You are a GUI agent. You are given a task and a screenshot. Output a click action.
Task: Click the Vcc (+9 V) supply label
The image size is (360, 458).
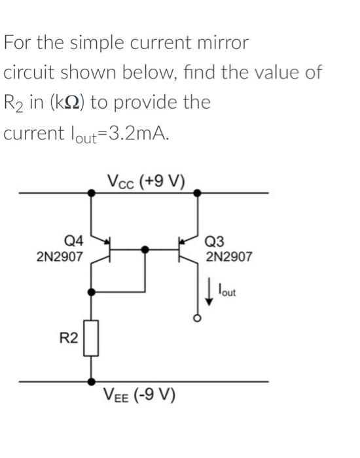click(x=146, y=180)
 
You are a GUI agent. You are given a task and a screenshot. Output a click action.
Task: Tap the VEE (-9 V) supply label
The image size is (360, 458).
click(x=138, y=396)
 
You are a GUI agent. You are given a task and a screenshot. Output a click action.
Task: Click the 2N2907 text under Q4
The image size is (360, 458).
click(x=60, y=257)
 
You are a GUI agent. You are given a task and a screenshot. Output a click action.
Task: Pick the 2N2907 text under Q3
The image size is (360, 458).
click(x=228, y=257)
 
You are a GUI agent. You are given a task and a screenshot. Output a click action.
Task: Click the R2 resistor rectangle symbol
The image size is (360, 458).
click(x=92, y=338)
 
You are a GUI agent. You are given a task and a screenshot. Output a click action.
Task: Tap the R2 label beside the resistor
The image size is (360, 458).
click(x=69, y=338)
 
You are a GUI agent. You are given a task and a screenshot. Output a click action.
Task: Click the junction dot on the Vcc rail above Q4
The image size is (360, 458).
click(x=92, y=193)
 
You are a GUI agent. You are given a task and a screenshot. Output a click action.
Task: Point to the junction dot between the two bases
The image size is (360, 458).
click(x=145, y=249)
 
